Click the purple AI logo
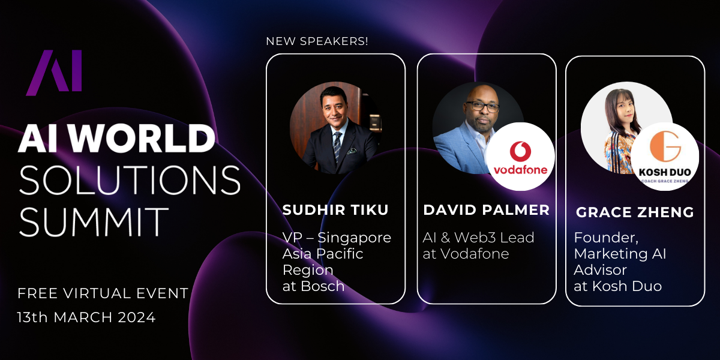[x=54, y=73]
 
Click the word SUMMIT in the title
[x=94, y=221]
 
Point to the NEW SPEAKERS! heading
[x=317, y=41]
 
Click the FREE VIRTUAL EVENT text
[x=103, y=293]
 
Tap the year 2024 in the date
[x=137, y=317]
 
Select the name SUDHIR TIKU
[x=335, y=210]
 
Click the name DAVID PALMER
[x=487, y=210]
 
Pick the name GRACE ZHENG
[x=635, y=212]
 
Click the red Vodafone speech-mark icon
[x=520, y=151]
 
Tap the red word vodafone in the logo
[x=520, y=169]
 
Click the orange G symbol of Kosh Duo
[x=665, y=146]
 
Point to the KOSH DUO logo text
[x=665, y=172]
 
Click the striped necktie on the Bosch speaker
[x=337, y=146]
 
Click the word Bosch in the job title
[x=322, y=286]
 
